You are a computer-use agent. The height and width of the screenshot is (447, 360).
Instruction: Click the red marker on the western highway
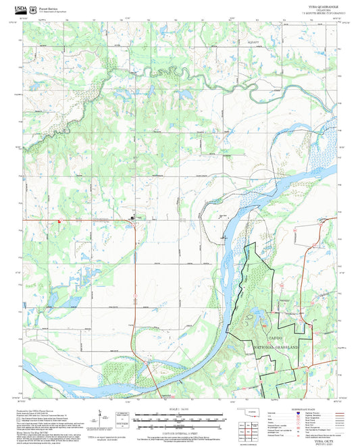pyautogui.click(x=59, y=220)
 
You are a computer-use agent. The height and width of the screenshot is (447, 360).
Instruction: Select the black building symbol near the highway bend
pyautogui.click(x=132, y=217)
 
